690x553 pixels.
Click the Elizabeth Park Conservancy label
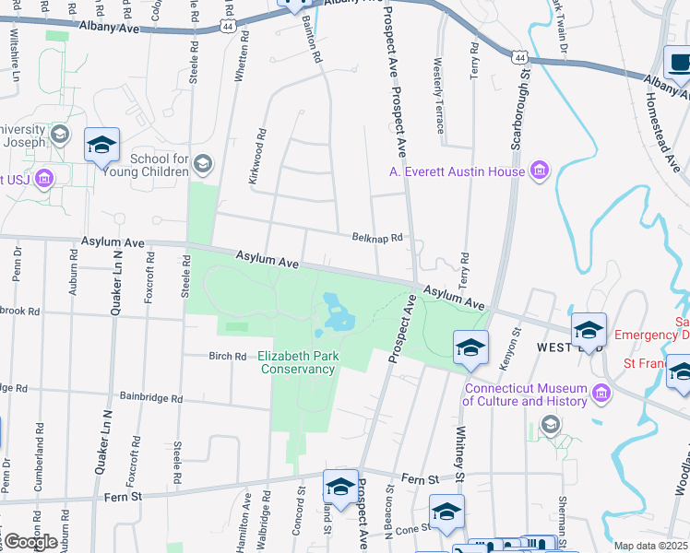[296, 362]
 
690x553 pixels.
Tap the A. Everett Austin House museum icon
[540, 171]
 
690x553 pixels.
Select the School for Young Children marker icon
[203, 164]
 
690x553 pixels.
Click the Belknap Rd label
[378, 237]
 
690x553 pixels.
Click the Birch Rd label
[228, 356]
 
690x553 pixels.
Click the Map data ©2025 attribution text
[651, 546]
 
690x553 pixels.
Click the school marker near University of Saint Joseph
[101, 145]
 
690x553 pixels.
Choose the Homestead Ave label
[665, 128]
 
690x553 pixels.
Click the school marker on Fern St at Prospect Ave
[340, 487]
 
